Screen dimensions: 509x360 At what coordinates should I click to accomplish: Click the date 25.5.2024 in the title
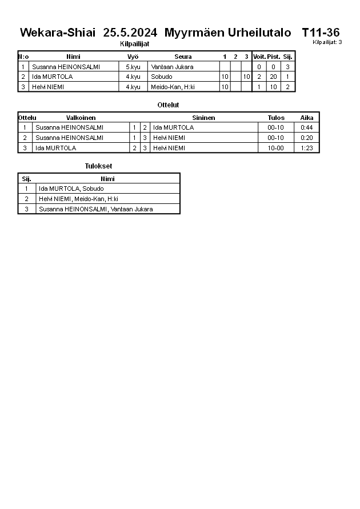pyautogui.click(x=130, y=33)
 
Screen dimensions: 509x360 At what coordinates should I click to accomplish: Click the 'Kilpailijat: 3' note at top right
pyautogui.click(x=327, y=42)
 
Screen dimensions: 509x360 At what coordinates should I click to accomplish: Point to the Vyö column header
pyautogui.click(x=133, y=57)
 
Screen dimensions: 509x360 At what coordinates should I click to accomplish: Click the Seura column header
pyautogui.click(x=183, y=57)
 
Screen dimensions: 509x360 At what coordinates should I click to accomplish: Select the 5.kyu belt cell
pyautogui.click(x=133, y=67)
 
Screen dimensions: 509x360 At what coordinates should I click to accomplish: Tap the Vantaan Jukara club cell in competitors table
pyautogui.click(x=172, y=67)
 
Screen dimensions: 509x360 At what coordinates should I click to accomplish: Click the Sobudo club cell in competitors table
pyautogui.click(x=162, y=77)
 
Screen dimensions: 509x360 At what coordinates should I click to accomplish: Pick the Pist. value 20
pyautogui.click(x=273, y=77)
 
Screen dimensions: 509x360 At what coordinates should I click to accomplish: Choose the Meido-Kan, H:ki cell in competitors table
pyautogui.click(x=173, y=87)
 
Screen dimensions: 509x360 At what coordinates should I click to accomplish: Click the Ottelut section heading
pyautogui.click(x=168, y=105)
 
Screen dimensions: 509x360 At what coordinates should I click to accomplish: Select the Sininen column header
pyautogui.click(x=203, y=118)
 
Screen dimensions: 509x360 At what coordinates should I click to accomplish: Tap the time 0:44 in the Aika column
pyautogui.click(x=306, y=127)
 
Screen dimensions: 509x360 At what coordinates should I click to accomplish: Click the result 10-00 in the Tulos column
pyautogui.click(x=275, y=148)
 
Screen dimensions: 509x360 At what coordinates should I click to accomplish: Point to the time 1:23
pyautogui.click(x=306, y=148)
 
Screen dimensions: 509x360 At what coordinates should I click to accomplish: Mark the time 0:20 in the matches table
pyautogui.click(x=306, y=138)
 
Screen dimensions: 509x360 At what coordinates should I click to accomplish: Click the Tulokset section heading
pyautogui.click(x=98, y=166)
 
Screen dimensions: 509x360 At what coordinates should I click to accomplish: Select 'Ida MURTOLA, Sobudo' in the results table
pyautogui.click(x=71, y=189)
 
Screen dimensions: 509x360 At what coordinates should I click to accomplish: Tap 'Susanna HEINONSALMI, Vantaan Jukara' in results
pyautogui.click(x=95, y=209)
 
